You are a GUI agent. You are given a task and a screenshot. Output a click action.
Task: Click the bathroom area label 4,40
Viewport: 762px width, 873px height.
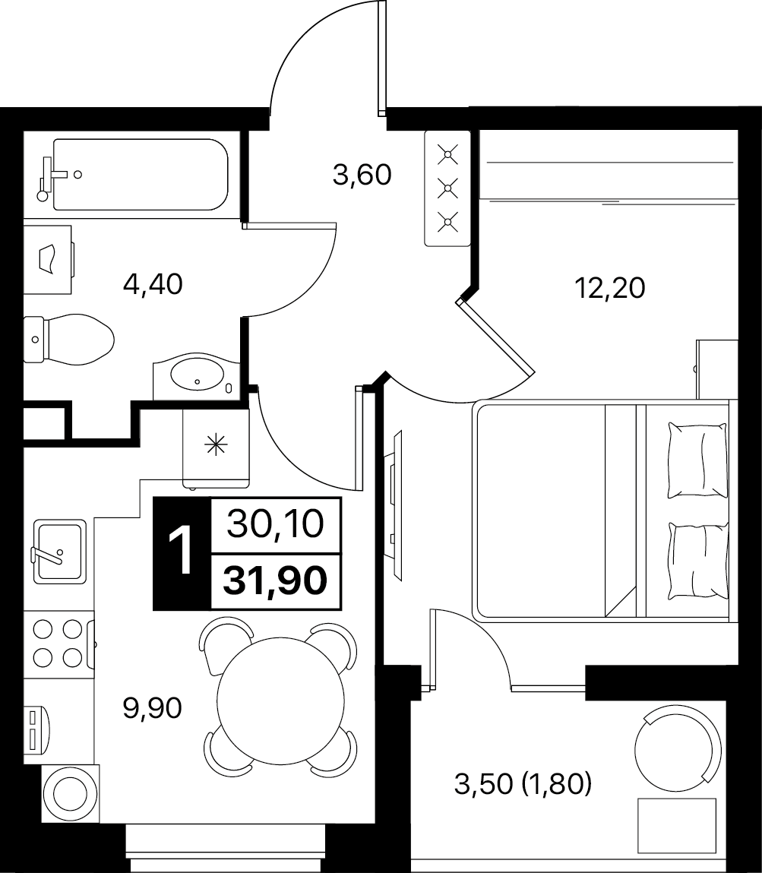pos(153,284)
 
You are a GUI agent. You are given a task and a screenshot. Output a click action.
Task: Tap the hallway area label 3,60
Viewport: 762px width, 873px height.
pos(362,175)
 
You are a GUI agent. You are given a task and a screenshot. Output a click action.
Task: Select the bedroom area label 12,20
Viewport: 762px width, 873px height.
pos(609,288)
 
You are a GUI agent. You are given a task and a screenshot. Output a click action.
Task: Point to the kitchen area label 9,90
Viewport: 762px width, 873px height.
pos(153,708)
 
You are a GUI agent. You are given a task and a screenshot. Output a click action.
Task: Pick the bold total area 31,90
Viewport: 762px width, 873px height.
pos(275,581)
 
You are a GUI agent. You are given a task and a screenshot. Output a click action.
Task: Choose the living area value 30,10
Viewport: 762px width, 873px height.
pos(276,524)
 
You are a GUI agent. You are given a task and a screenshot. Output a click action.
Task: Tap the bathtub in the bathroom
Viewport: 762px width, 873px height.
pos(141,174)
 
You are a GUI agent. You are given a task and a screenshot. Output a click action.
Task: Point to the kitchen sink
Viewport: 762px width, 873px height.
pos(59,551)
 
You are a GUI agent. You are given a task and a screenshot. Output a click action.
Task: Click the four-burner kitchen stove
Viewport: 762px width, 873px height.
pos(58,644)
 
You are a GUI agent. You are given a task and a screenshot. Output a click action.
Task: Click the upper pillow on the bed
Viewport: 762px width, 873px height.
pos(697,460)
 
